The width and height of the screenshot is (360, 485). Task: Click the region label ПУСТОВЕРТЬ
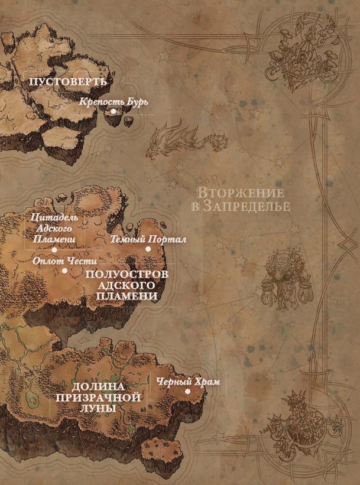(67, 82)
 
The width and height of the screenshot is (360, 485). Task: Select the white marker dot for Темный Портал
(148, 249)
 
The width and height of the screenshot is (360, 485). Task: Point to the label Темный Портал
(148, 239)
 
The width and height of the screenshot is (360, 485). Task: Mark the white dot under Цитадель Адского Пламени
(54, 249)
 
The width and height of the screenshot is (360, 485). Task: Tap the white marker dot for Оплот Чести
(64, 271)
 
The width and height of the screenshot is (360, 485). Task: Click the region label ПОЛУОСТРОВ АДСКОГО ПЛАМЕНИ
(127, 285)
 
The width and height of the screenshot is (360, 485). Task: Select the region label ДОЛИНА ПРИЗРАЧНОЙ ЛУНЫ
(98, 397)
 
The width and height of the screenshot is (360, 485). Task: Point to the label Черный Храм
(188, 382)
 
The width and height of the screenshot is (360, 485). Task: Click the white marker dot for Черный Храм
(187, 391)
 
